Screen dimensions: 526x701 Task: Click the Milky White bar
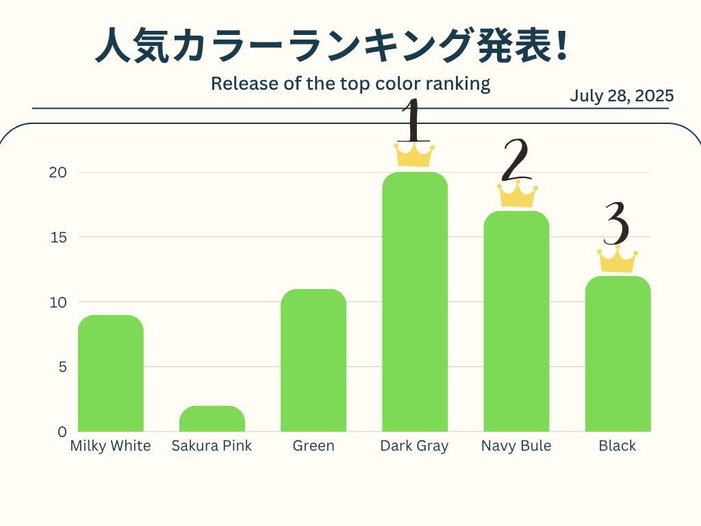(x=111, y=373)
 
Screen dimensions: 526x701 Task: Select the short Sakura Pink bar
(x=212, y=419)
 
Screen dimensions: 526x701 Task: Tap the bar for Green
(x=314, y=360)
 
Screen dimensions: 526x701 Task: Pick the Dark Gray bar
(x=415, y=301)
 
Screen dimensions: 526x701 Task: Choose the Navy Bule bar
(x=516, y=321)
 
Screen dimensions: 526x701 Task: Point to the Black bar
(x=617, y=353)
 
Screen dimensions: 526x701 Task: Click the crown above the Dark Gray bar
(x=414, y=155)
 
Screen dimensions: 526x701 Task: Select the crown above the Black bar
(x=617, y=260)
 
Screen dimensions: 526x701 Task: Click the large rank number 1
(x=412, y=121)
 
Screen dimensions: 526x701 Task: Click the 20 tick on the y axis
(x=58, y=172)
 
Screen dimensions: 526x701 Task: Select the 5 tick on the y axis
(x=62, y=367)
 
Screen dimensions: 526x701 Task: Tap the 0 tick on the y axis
(x=62, y=432)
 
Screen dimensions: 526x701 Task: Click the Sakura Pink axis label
(x=212, y=446)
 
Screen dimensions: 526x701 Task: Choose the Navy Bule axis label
(x=516, y=446)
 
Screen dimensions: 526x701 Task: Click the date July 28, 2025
(x=622, y=96)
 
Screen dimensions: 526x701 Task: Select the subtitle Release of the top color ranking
(x=350, y=84)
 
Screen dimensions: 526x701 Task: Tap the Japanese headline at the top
(x=331, y=47)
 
